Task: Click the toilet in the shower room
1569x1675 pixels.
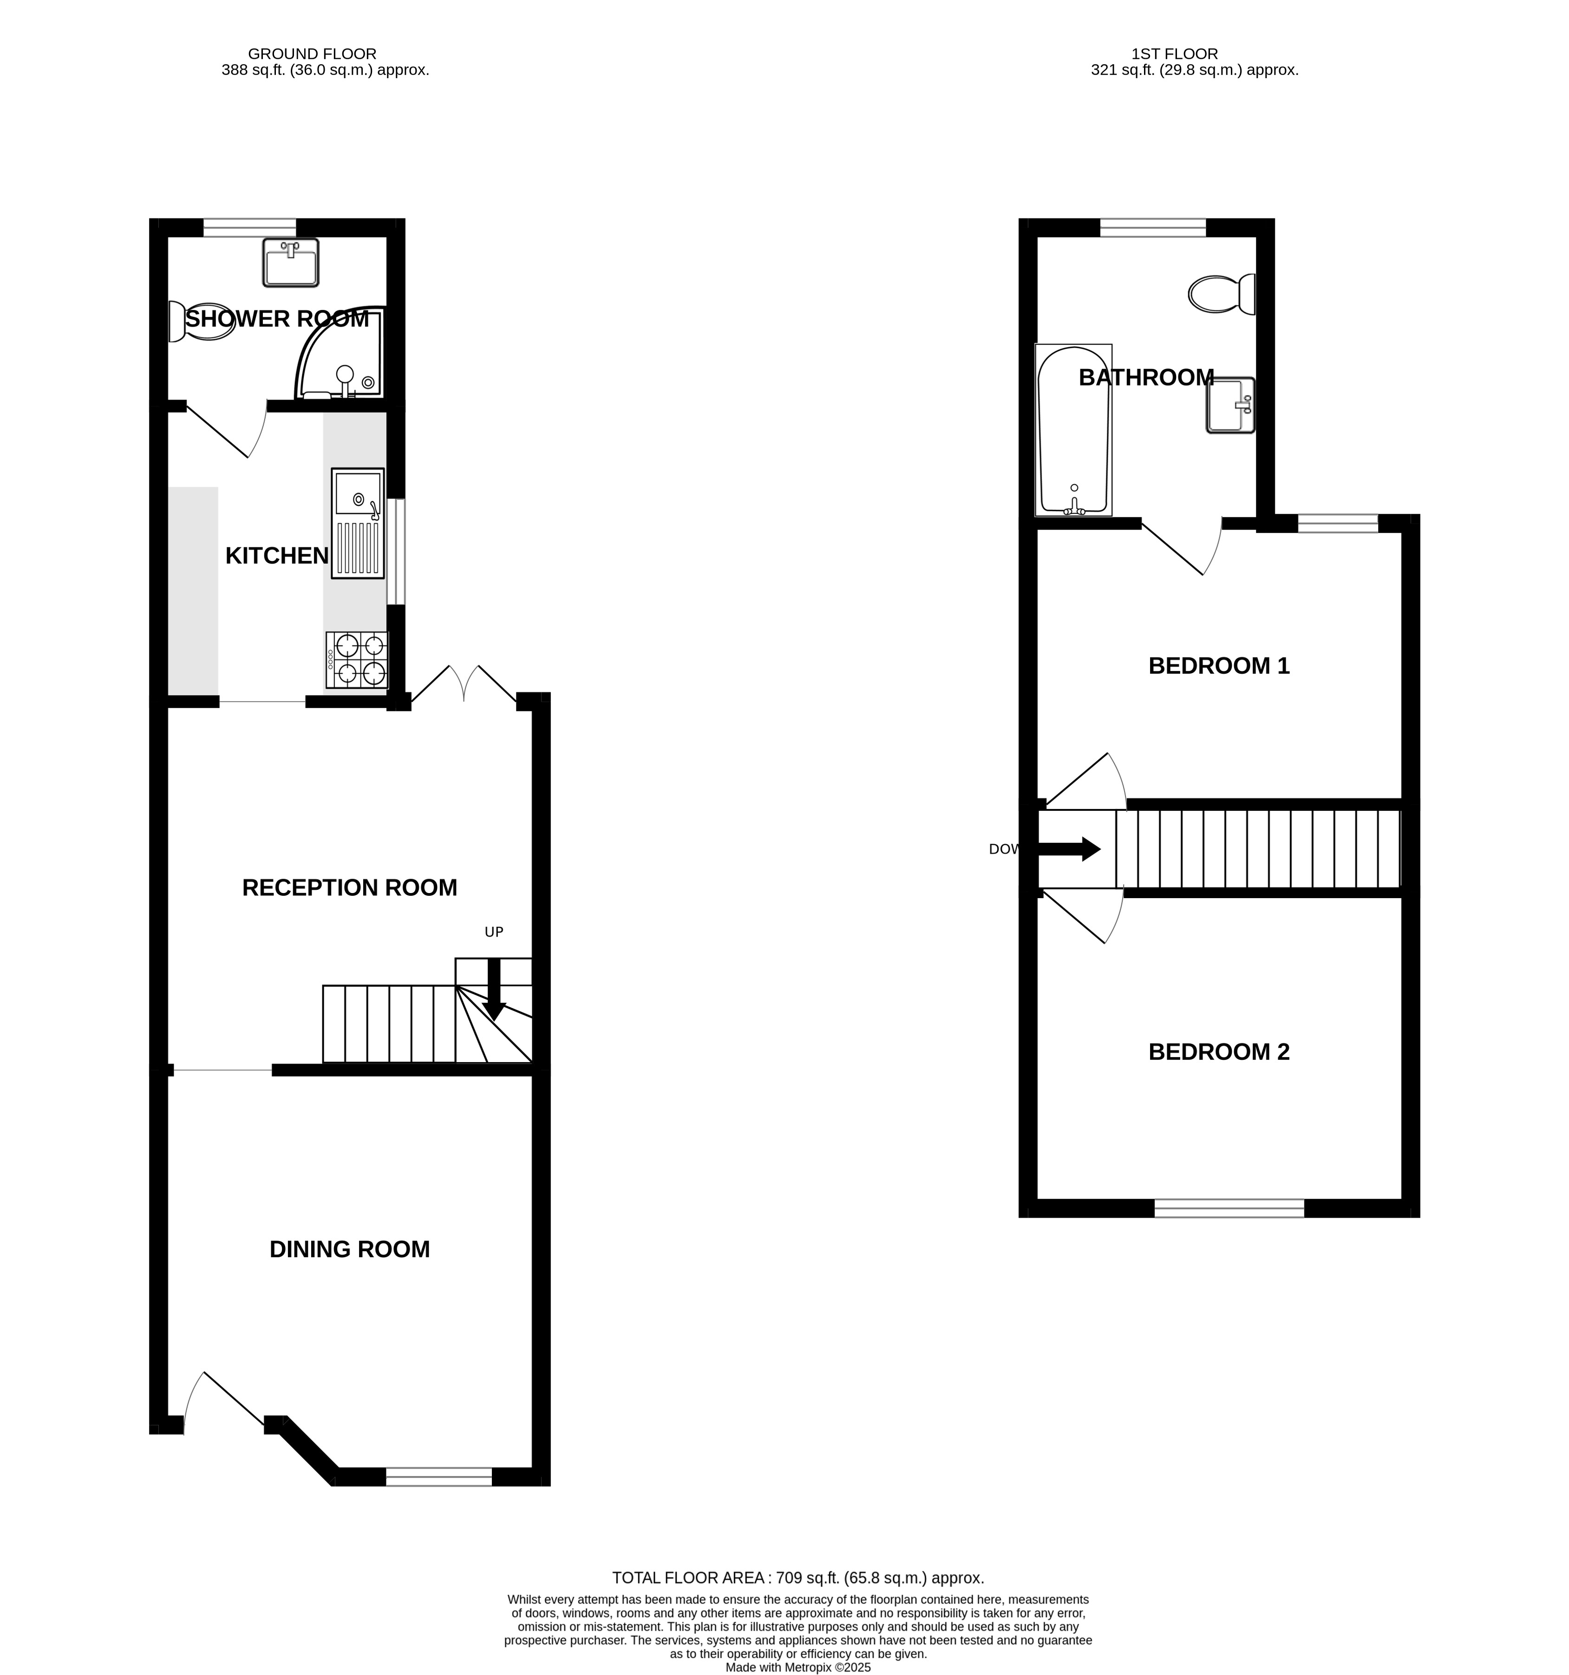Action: [201, 322]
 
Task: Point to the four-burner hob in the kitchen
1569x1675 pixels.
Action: [357, 660]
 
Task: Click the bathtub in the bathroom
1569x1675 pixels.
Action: [1073, 430]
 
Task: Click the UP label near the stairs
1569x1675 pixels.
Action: [494, 932]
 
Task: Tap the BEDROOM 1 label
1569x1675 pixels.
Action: [1219, 666]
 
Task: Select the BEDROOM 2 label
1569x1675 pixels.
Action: [1219, 1051]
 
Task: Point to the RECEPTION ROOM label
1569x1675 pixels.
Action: [349, 887]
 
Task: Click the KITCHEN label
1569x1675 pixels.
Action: [277, 556]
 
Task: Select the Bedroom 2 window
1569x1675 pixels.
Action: [1229, 1208]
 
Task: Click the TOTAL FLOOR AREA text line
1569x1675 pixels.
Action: [798, 1578]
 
